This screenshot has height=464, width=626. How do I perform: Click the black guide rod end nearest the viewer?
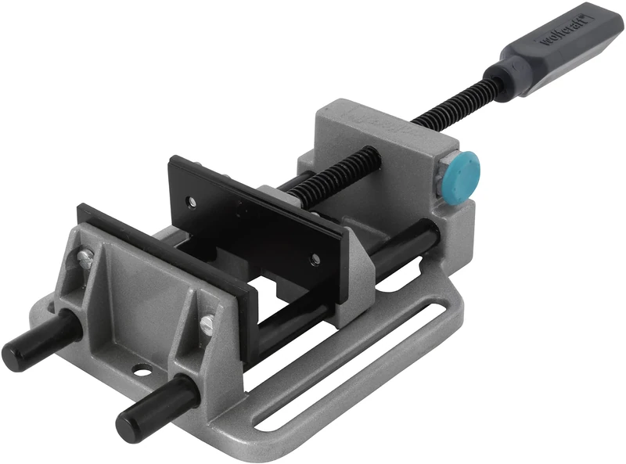pos(129,423)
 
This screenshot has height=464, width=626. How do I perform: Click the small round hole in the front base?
pos(141,367)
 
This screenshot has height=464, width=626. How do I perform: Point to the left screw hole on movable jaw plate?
pos(191,201)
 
